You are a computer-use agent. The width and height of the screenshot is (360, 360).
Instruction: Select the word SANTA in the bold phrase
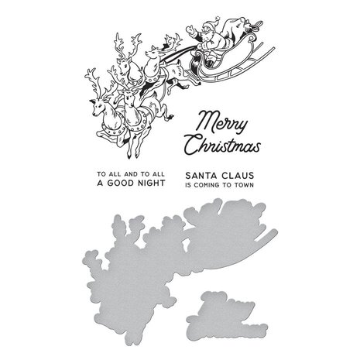[202, 176]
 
